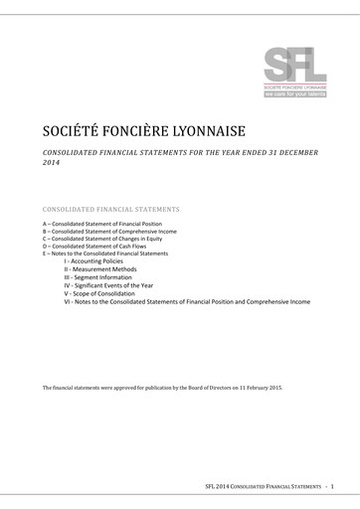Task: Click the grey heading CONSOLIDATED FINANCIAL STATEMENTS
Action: click(x=110, y=211)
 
